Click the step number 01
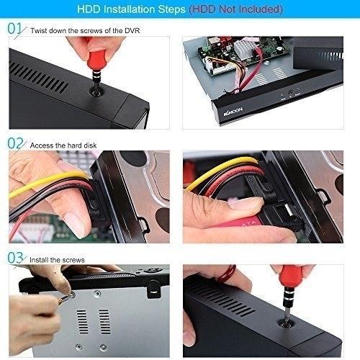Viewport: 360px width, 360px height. click(x=14, y=28)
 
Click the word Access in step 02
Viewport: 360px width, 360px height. click(x=42, y=145)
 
